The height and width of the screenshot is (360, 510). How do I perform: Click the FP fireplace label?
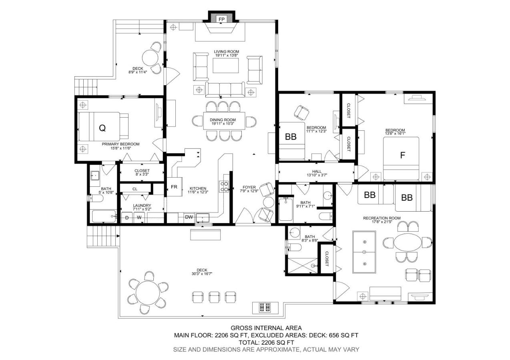coord(221,19)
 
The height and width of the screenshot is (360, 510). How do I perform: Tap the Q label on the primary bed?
coord(102,128)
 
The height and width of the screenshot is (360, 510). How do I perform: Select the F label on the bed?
coord(403,155)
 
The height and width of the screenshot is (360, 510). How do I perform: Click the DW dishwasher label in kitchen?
coord(189,217)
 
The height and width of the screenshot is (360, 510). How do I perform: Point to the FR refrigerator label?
coord(174,187)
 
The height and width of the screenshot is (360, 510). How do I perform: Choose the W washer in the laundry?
coord(139,218)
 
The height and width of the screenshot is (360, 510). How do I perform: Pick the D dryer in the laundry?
coord(127,218)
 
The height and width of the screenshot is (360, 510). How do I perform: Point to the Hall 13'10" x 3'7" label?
coord(317,173)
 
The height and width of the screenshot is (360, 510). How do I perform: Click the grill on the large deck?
coord(265,308)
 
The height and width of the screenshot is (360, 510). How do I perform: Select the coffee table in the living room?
coord(226,66)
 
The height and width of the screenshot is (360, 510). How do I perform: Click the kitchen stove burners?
coord(224,186)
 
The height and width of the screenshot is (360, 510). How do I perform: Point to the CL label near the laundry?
coord(135,189)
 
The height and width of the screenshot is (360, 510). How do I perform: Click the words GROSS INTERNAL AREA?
coord(266,328)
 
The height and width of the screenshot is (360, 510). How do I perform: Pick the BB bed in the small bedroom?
coord(292,141)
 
